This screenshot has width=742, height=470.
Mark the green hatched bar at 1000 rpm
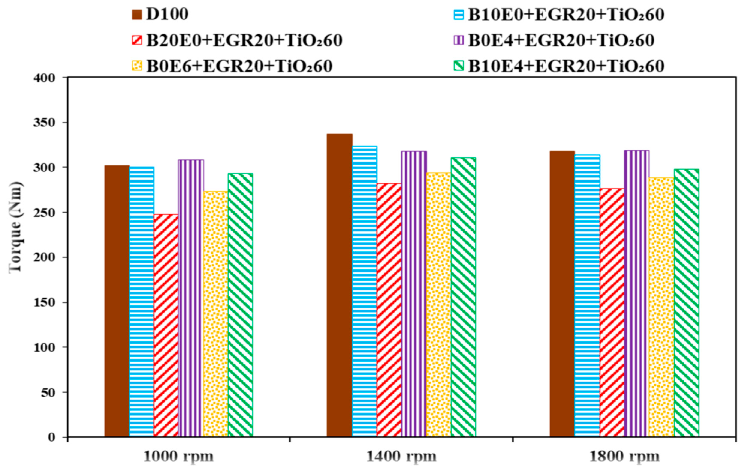[240, 305]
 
